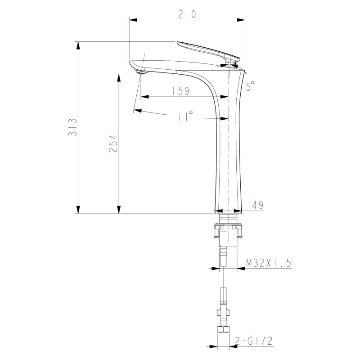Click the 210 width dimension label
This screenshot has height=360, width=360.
(x=187, y=14)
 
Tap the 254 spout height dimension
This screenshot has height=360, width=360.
(x=113, y=144)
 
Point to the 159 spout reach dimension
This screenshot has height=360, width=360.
(x=180, y=91)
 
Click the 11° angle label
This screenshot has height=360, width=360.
(x=185, y=116)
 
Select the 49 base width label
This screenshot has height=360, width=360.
(x=257, y=205)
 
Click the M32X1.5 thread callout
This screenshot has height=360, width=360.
(x=268, y=263)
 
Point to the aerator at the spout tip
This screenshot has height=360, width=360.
(x=141, y=72)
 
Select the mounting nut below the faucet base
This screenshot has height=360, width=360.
(x=228, y=232)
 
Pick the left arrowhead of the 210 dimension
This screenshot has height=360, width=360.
(x=133, y=19)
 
